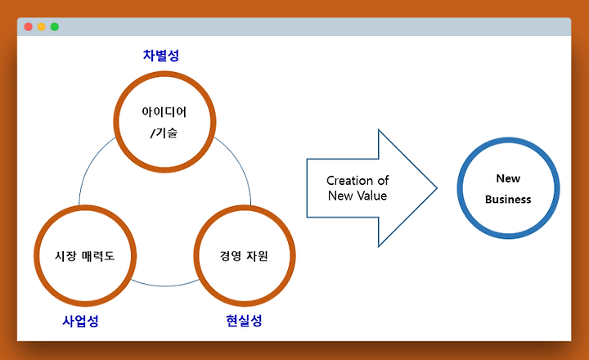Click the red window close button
28,27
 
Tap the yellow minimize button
42,27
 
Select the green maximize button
55,27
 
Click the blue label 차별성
161,56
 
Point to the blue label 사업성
80,321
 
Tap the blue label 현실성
244,321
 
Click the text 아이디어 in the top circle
164,111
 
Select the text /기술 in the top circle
164,133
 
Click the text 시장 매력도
84,256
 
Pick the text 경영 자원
244,256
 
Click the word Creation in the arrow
350,180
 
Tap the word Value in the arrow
371,196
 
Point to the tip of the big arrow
437,188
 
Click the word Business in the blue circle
508,199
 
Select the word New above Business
508,178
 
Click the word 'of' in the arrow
383,180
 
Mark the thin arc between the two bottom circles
164,286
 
